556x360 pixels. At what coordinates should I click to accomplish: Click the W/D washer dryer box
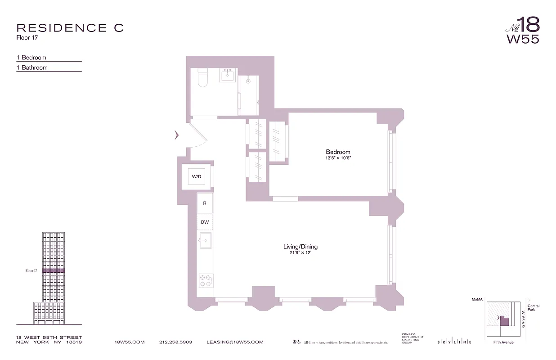197,177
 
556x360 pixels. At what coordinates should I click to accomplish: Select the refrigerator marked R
205,203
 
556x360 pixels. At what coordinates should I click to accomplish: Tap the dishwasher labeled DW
205,222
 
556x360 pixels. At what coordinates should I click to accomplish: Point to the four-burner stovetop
205,281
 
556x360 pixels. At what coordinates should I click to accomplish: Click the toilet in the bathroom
202,77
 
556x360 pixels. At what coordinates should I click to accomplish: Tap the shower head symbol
248,81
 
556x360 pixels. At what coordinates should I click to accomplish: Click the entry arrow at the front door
177,135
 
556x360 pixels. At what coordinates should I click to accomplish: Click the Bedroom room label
338,152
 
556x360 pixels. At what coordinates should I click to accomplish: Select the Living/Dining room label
300,247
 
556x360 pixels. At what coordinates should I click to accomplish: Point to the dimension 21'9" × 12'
300,253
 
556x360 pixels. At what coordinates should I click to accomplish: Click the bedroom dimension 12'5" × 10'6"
338,158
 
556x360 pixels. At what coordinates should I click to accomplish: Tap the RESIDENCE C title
70,28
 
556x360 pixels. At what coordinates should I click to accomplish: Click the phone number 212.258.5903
175,342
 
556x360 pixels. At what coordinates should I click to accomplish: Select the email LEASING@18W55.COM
235,342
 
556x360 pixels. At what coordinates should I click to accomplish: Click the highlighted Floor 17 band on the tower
54,271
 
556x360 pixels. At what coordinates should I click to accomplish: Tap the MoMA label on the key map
477,299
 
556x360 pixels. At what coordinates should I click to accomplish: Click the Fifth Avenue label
503,342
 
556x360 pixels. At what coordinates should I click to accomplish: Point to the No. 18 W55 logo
522,30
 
